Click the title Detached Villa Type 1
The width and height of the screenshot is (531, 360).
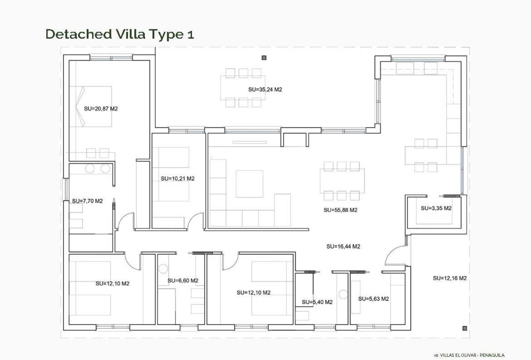click(x=120, y=34)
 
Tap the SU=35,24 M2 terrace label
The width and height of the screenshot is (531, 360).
click(x=265, y=89)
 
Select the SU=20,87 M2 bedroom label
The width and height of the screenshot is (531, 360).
click(x=101, y=109)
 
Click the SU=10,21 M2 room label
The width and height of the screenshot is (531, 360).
click(x=177, y=178)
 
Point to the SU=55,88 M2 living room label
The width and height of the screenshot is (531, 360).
click(x=340, y=210)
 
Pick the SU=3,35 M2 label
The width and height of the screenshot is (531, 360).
click(x=436, y=208)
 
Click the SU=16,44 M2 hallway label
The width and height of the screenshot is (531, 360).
click(x=343, y=247)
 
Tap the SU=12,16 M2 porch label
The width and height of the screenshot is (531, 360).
click(x=450, y=278)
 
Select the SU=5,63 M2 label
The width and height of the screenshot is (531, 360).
click(x=373, y=298)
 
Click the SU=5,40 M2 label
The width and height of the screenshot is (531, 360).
click(x=317, y=302)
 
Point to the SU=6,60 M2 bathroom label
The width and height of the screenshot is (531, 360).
click(x=183, y=280)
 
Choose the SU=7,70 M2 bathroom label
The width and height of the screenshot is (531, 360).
click(x=87, y=201)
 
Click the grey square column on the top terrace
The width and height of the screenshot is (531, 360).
click(x=264, y=58)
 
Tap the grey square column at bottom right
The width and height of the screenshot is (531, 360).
click(x=465, y=328)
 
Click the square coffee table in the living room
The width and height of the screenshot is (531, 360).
click(x=249, y=184)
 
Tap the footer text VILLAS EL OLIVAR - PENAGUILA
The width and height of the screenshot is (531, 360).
click(x=469, y=355)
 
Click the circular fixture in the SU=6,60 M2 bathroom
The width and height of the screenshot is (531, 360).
click(x=163, y=268)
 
